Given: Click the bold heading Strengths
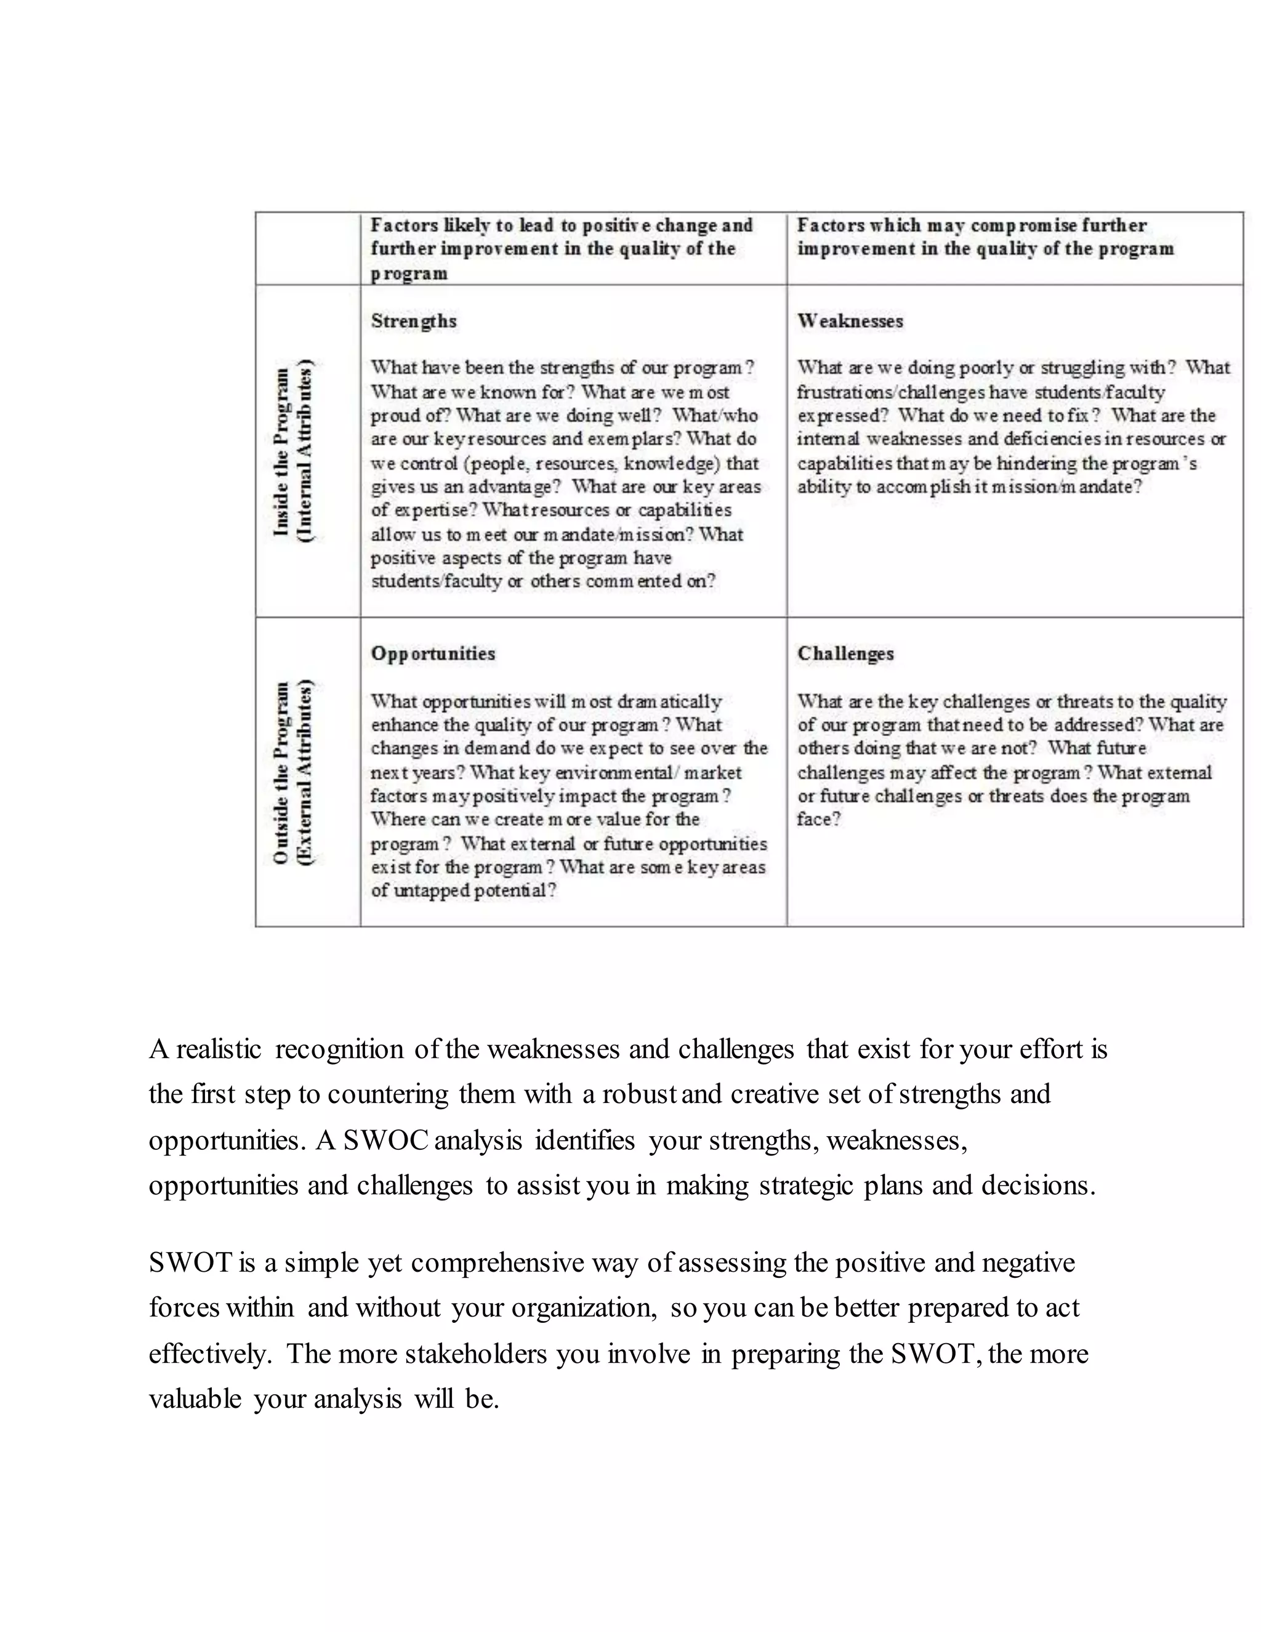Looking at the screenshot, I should coord(413,321).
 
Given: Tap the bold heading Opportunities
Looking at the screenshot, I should coord(432,654).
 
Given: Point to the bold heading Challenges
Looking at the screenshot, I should coord(845,654).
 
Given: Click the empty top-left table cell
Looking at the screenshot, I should coord(308,248).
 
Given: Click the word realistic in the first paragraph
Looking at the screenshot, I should coord(218,1049).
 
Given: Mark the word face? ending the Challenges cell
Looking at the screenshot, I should coord(819,820).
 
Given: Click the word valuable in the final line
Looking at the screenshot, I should coord(194,1399).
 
